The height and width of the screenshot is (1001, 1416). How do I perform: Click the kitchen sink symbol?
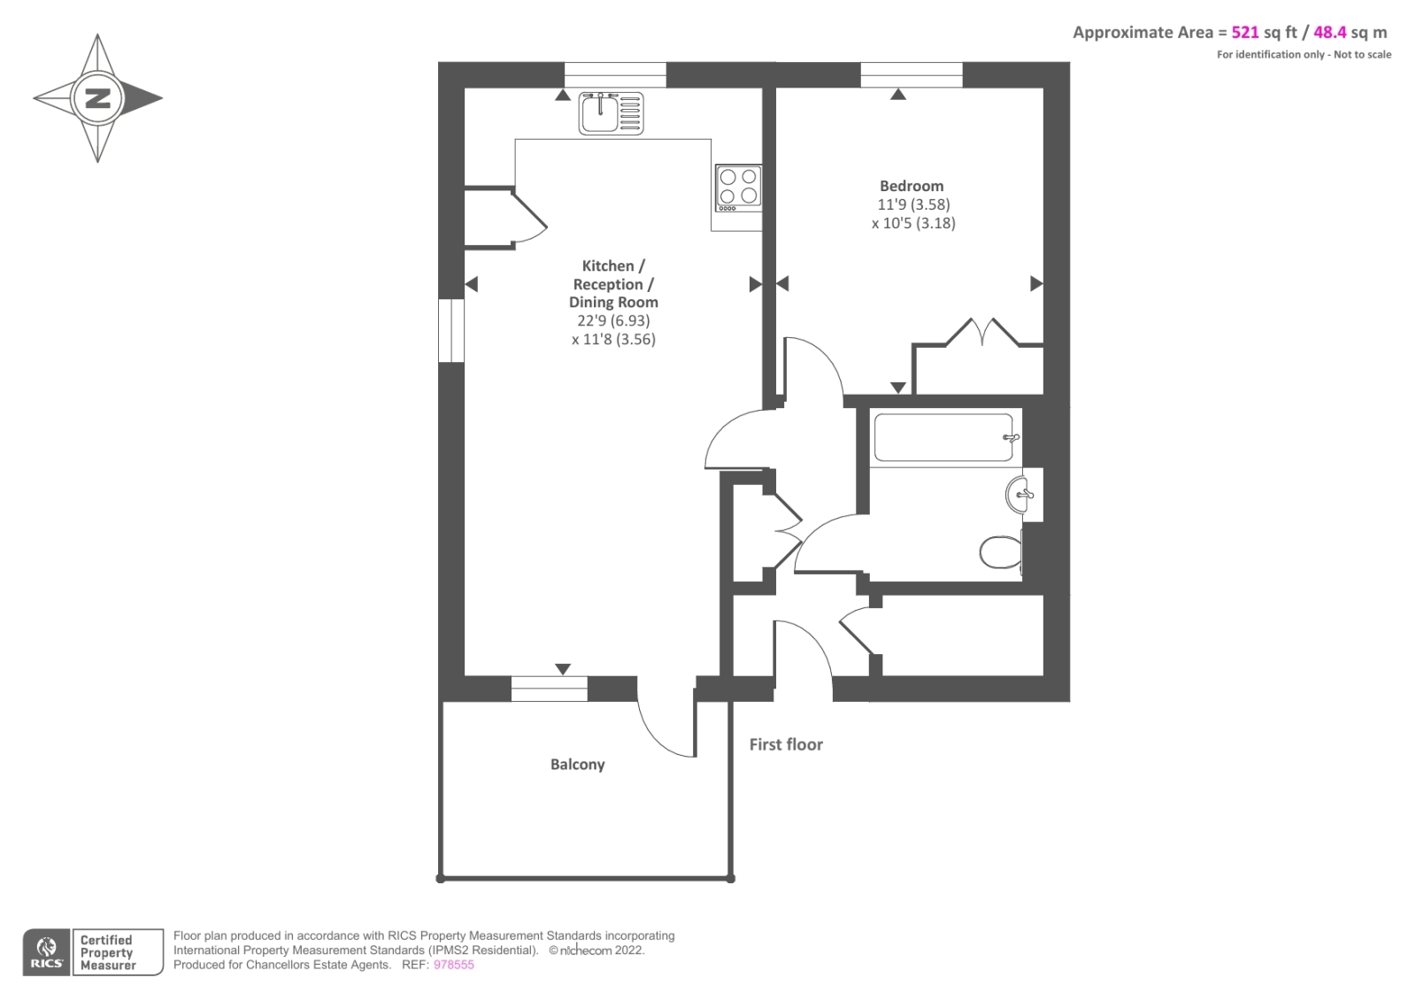click(611, 113)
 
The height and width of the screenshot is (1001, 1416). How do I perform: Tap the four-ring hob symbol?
click(738, 188)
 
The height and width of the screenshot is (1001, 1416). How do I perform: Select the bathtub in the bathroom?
click(943, 438)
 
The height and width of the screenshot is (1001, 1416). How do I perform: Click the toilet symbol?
click(1001, 552)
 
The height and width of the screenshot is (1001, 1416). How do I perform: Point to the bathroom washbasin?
click(1019, 495)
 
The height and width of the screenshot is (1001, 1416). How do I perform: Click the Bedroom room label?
click(912, 186)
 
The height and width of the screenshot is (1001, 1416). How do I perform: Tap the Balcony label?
click(577, 765)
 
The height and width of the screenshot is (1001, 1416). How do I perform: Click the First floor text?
click(786, 744)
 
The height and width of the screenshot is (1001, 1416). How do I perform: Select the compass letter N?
click(97, 98)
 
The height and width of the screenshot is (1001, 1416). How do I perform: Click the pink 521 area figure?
click(1244, 33)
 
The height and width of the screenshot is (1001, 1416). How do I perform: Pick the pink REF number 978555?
click(453, 965)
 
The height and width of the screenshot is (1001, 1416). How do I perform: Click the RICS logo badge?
click(46, 952)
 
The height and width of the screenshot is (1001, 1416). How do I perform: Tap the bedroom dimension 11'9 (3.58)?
click(913, 204)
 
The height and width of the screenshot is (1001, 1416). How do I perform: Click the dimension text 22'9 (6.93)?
click(613, 320)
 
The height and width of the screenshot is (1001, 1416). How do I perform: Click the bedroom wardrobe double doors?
click(982, 331)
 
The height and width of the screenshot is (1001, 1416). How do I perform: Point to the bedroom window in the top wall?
click(911, 75)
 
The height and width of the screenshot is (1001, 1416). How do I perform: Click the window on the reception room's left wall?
click(451, 330)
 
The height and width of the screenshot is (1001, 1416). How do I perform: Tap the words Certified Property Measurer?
click(107, 952)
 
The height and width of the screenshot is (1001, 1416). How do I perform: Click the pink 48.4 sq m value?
click(1329, 33)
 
